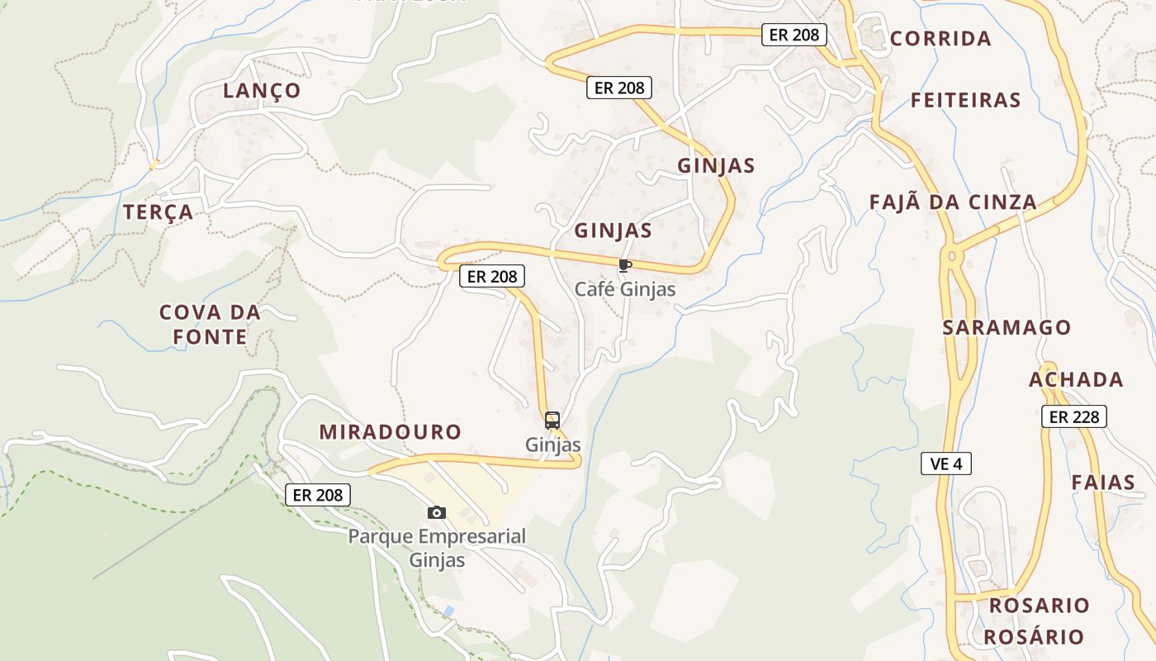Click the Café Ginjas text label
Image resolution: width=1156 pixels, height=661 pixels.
[625, 289]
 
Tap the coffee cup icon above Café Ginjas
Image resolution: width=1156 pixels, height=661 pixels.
[624, 265]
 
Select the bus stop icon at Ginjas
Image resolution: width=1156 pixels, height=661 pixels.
[552, 420]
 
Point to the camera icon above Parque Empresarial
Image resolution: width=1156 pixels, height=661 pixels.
[437, 512]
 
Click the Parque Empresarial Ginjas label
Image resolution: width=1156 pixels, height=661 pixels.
[437, 548]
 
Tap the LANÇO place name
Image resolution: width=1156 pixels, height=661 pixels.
[262, 91]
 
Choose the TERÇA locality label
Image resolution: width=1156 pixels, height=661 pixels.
[159, 212]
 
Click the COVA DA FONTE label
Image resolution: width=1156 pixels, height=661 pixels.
[210, 325]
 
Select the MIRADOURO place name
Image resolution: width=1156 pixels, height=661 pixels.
[391, 431]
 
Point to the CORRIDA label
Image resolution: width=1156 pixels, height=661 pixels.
[940, 39]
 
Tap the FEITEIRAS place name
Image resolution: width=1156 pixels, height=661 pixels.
[966, 101]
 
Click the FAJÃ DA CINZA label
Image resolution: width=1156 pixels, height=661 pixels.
[953, 202]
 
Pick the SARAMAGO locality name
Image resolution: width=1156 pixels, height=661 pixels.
[1007, 327]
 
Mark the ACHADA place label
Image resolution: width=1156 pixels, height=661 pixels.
[1076, 380]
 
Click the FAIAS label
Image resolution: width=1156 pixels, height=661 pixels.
[1103, 483]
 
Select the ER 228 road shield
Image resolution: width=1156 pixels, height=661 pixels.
[1073, 416]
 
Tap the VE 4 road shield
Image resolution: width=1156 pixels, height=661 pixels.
[945, 464]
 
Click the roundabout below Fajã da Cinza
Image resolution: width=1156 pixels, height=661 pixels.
[953, 257]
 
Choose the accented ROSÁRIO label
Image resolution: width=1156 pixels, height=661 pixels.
[1033, 637]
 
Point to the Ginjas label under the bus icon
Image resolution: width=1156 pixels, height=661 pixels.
[553, 445]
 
